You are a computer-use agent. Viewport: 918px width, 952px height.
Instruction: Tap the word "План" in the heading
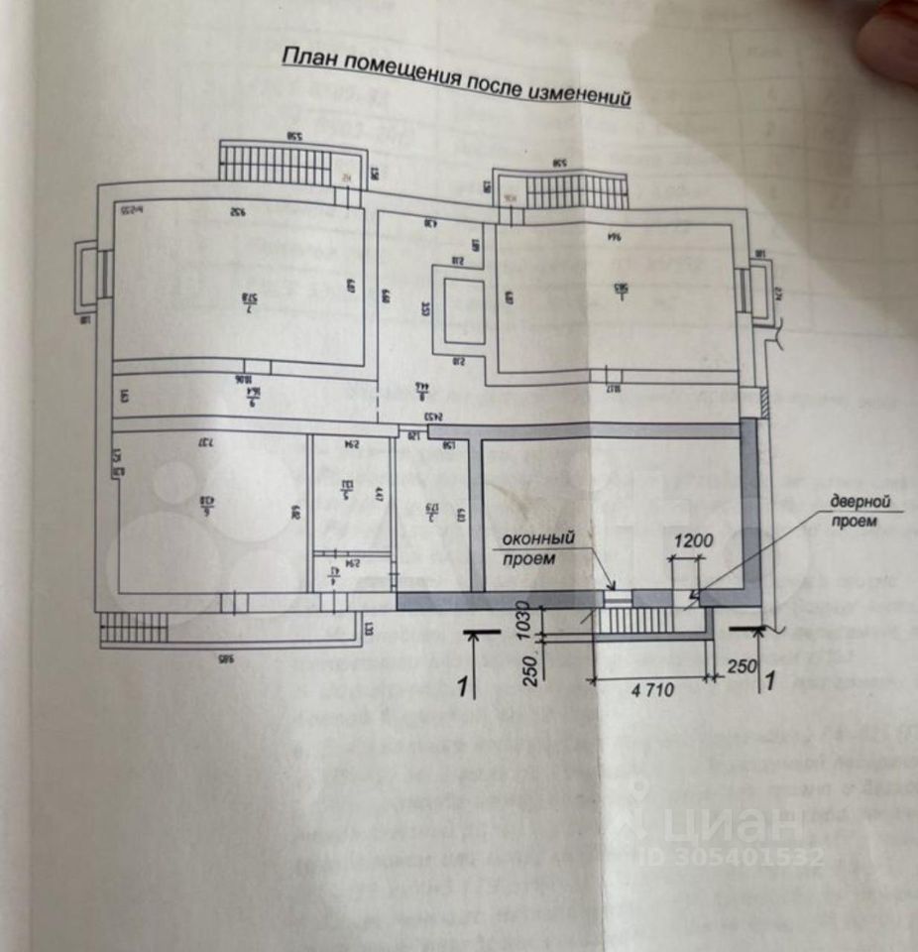(304, 58)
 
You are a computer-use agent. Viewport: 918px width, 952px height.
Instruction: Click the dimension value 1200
(694, 541)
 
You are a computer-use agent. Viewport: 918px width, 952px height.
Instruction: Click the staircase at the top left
(275, 165)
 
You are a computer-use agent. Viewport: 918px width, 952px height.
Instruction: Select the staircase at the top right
(576, 188)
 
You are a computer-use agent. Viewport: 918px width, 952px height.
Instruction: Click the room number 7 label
(249, 297)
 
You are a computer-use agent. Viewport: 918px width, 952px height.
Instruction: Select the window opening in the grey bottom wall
(618, 597)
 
